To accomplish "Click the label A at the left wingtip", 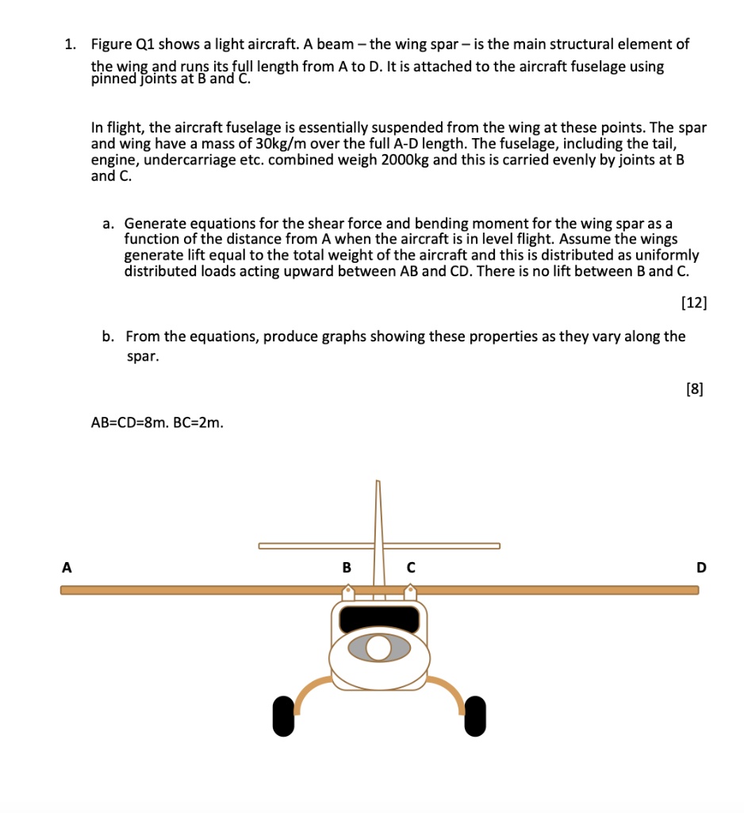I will (x=67, y=568).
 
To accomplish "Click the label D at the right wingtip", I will (x=700, y=568).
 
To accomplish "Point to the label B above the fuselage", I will (x=347, y=568).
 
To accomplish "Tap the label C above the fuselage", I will (x=410, y=568).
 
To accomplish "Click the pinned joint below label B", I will (x=347, y=592).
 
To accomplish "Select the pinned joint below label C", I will (x=410, y=592).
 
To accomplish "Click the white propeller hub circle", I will (x=379, y=649).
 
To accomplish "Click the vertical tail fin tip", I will (x=378, y=484).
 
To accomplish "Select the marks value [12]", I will (x=694, y=302).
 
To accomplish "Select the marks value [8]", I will (x=694, y=389).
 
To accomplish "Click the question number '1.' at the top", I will (x=70, y=44).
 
